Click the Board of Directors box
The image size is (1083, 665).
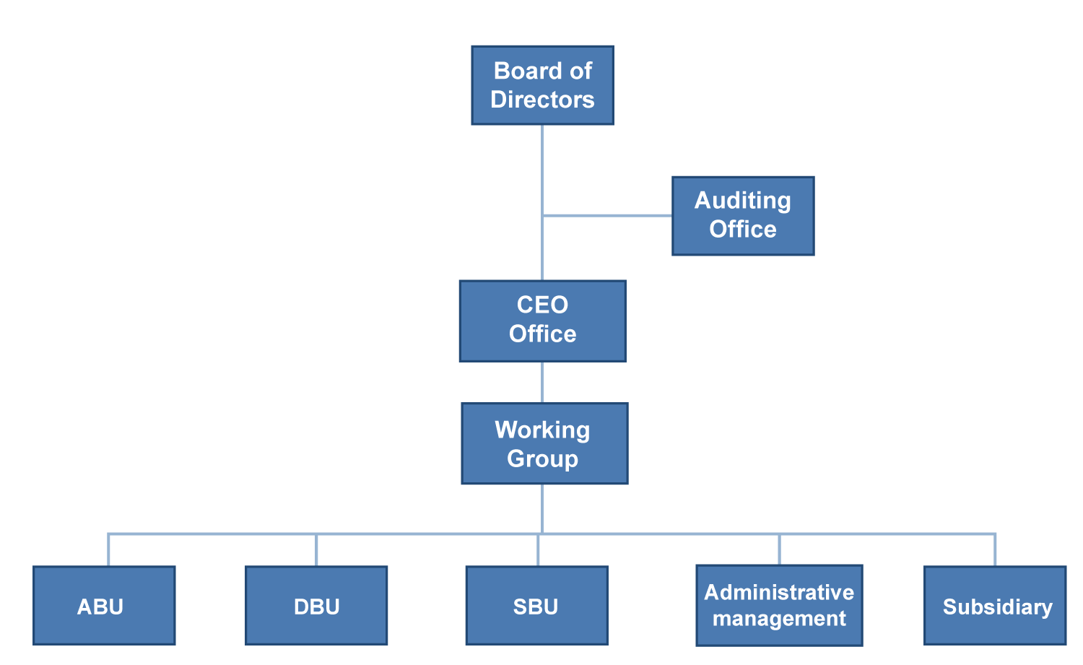[x=542, y=85]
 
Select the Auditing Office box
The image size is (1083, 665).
[x=743, y=216]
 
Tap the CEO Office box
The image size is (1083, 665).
[x=542, y=321]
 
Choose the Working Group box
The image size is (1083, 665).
[x=544, y=443]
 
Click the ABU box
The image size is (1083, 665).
[x=104, y=605]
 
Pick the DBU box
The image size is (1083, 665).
[x=316, y=605]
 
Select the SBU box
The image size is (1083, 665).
[x=536, y=605]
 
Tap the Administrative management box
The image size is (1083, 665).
[x=779, y=605]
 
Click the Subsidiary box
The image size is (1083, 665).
[x=995, y=605]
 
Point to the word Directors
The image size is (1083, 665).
[x=542, y=100]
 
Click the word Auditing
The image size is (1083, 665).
[x=743, y=201]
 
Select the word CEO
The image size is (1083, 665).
[x=542, y=305]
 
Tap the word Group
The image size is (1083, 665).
[x=542, y=458]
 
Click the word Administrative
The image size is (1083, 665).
[x=779, y=592]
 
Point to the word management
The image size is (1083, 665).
[x=779, y=619]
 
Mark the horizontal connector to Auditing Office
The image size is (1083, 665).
[x=606, y=215]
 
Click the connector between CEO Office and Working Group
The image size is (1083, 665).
[x=542, y=382]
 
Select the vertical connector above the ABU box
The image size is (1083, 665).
[x=108, y=550]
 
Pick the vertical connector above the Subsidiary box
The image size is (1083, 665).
[x=995, y=550]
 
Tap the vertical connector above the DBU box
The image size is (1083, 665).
[x=316, y=550]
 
